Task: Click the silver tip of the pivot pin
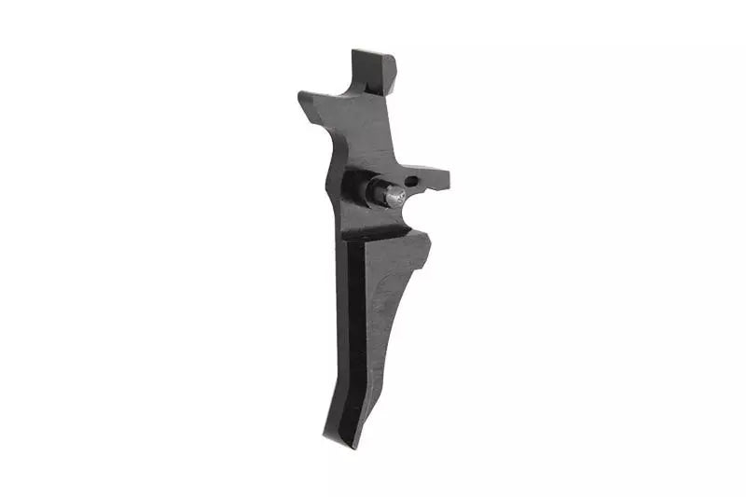[395, 194]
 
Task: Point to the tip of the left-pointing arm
[302, 97]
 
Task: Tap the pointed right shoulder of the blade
[426, 237]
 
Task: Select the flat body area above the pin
[373, 140]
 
